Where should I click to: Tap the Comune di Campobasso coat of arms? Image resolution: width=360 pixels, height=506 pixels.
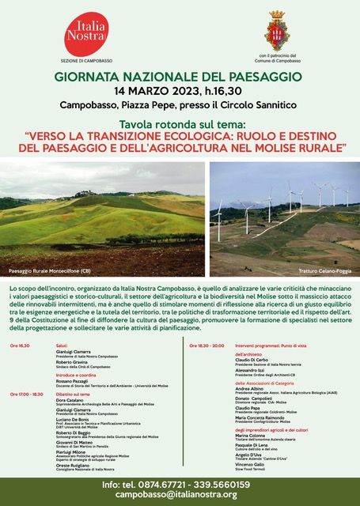pos(276,30)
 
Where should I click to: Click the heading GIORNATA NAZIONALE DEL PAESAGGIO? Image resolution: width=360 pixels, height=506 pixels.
pos(178,77)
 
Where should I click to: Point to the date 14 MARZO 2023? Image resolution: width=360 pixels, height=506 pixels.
pos(150,90)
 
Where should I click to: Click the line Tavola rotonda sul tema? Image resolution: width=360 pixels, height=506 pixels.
pos(180,124)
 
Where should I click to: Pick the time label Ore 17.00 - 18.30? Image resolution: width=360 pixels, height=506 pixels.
pos(27,394)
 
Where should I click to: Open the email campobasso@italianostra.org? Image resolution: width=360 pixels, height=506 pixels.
pos(180,494)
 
